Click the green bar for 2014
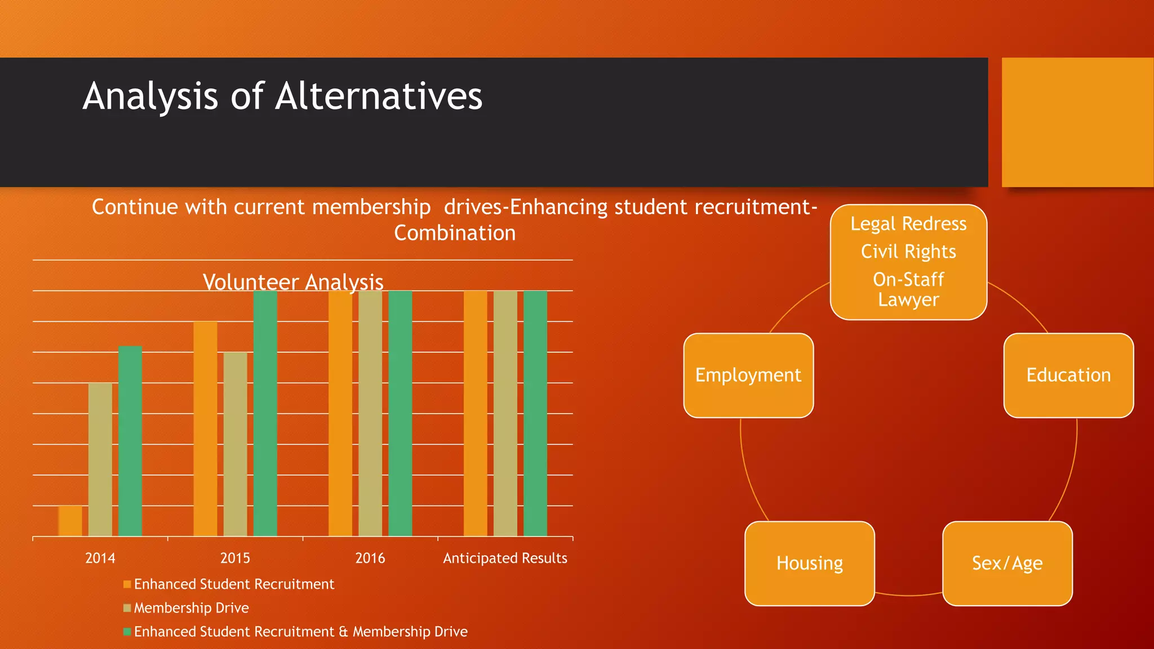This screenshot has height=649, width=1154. click(130, 441)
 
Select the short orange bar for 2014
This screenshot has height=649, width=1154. click(70, 521)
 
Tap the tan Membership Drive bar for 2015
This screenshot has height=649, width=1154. click(235, 444)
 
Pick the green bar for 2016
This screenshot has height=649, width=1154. click(400, 413)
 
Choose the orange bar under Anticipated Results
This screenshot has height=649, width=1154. click(475, 413)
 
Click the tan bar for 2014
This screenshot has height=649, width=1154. click(100, 459)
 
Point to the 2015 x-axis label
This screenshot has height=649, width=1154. click(235, 558)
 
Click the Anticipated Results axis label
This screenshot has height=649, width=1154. click(505, 558)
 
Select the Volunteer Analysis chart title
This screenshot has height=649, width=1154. click(293, 282)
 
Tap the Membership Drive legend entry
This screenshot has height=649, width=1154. click(191, 608)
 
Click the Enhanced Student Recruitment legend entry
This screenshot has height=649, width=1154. click(234, 584)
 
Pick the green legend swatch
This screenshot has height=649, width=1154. click(127, 632)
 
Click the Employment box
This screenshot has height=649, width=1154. click(748, 375)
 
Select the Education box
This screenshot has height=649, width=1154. click(1068, 375)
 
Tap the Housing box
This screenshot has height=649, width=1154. click(810, 563)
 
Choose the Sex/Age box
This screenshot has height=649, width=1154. click(1007, 563)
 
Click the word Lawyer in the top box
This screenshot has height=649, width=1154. click(908, 300)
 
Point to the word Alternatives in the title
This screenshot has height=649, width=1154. click(379, 96)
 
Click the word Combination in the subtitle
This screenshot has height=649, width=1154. click(455, 233)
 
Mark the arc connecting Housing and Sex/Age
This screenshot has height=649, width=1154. click(908, 595)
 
